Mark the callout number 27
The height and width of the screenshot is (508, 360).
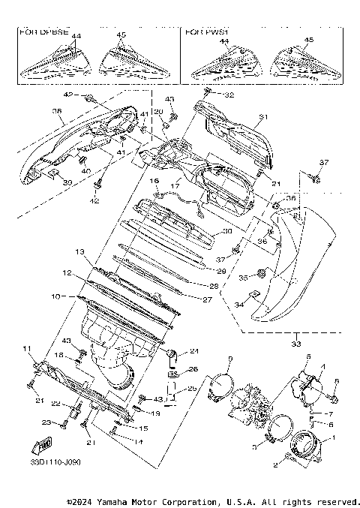(x=206, y=299)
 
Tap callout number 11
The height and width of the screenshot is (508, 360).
(x=27, y=350)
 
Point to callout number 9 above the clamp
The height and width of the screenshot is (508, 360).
(x=230, y=359)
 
